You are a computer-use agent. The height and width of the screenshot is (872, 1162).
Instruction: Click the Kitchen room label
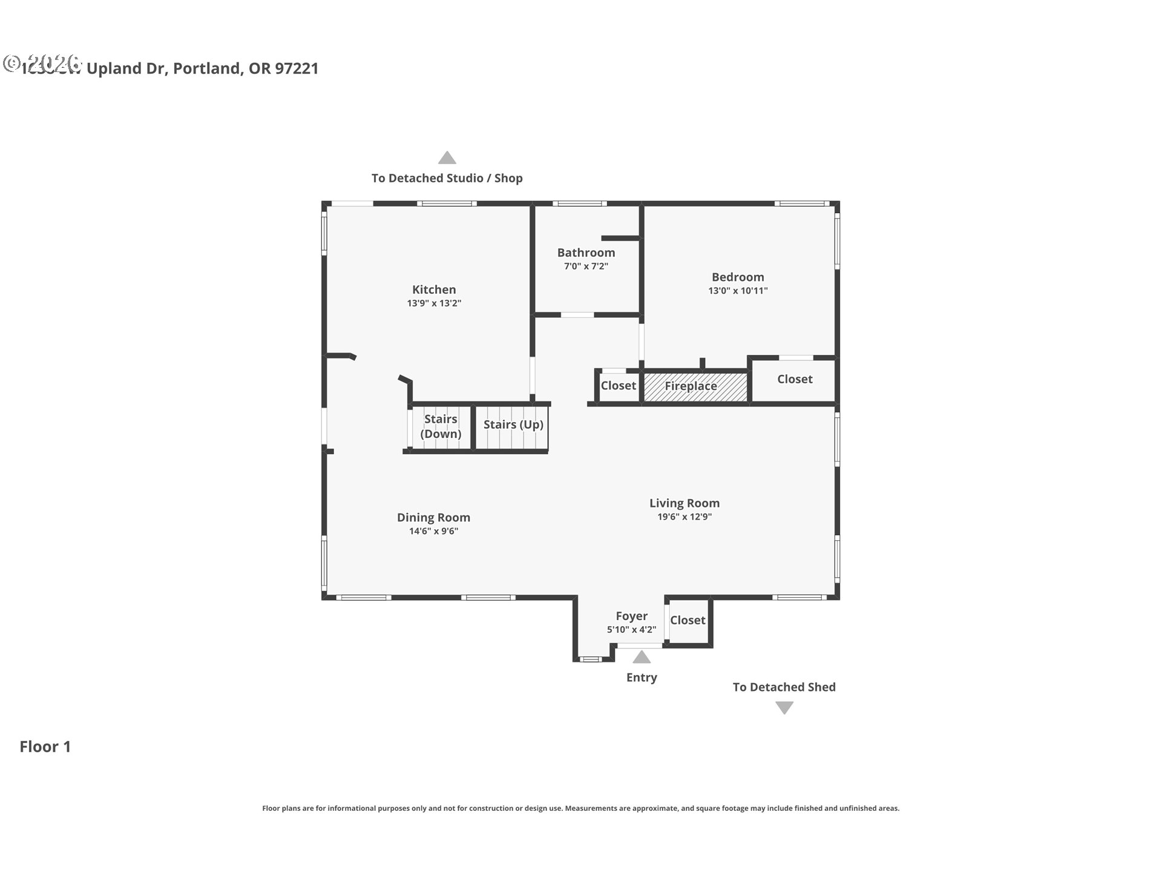coord(434,289)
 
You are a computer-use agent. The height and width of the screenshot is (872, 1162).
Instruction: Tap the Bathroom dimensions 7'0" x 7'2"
coord(586,266)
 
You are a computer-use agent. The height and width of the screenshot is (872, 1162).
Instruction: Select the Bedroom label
coord(738,277)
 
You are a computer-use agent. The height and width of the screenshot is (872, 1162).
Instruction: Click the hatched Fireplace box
coord(695,386)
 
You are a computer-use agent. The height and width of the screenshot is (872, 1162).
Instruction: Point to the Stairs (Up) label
coord(513,424)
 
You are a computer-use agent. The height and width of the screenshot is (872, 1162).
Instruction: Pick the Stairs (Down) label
coord(441,426)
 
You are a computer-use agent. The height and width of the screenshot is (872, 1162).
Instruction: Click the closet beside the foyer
coord(688,620)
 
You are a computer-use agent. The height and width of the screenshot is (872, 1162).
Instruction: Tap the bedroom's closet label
coord(795,379)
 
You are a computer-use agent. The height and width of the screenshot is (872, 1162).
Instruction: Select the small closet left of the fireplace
coord(618,386)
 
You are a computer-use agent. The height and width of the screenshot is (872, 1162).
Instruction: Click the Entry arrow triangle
coord(642,657)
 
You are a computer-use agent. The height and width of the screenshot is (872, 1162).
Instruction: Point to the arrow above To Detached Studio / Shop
coord(447,158)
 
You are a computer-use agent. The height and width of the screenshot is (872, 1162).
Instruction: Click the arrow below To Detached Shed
coord(784,707)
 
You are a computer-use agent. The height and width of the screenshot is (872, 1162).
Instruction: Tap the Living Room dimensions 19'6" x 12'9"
coord(684,517)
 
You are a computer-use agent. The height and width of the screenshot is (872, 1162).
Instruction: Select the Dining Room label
coord(433,517)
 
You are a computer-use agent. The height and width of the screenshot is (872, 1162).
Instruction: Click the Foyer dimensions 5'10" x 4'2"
coord(631,630)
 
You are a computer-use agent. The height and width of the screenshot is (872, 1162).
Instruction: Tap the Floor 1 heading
coord(45,747)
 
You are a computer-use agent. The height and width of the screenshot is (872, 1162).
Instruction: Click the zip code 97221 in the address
coord(297,68)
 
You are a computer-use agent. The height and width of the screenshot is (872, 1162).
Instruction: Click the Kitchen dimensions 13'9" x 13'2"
coord(434,303)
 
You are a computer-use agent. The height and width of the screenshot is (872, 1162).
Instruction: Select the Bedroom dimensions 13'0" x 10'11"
coord(738,291)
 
